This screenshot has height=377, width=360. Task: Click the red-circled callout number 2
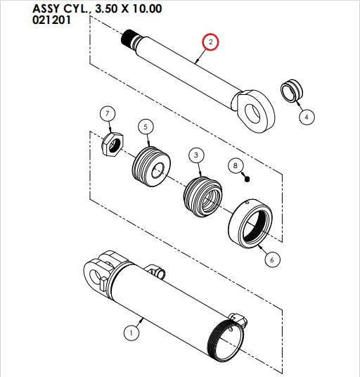coord(210,43)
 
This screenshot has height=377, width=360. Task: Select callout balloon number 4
coord(307,117)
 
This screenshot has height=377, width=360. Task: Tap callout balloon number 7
coord(107,113)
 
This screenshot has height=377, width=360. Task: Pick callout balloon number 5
coord(145,127)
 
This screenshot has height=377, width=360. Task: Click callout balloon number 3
coord(196,154)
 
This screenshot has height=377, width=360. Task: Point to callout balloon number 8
coord(236,166)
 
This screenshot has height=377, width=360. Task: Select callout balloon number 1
coord(129,331)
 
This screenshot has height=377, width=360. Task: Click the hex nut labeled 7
coord(112,143)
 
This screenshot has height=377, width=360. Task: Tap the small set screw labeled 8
coord(248,179)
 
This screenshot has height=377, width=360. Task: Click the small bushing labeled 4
coord(291,91)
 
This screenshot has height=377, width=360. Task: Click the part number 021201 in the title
coord(56,20)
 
